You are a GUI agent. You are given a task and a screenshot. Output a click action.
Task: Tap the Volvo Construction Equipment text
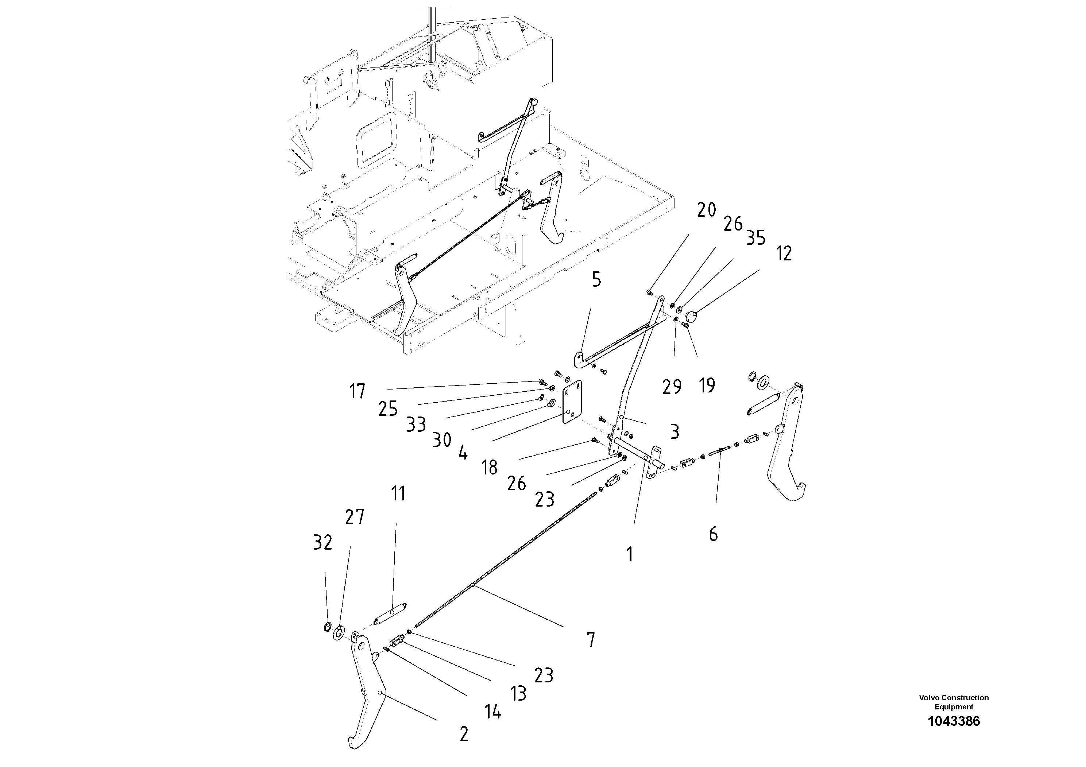pos(954,702)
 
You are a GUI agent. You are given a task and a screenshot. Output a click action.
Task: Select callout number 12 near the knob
pos(784,253)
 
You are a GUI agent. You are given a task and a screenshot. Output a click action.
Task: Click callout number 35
pos(755,238)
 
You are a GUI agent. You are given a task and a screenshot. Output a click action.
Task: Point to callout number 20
pos(706,210)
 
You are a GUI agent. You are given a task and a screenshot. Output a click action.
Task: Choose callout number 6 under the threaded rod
pos(713,534)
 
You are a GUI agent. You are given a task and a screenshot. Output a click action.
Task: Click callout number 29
pos(672,387)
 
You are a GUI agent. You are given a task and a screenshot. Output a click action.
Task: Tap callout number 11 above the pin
pos(398,494)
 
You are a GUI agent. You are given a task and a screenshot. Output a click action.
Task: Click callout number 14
pos(492,712)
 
